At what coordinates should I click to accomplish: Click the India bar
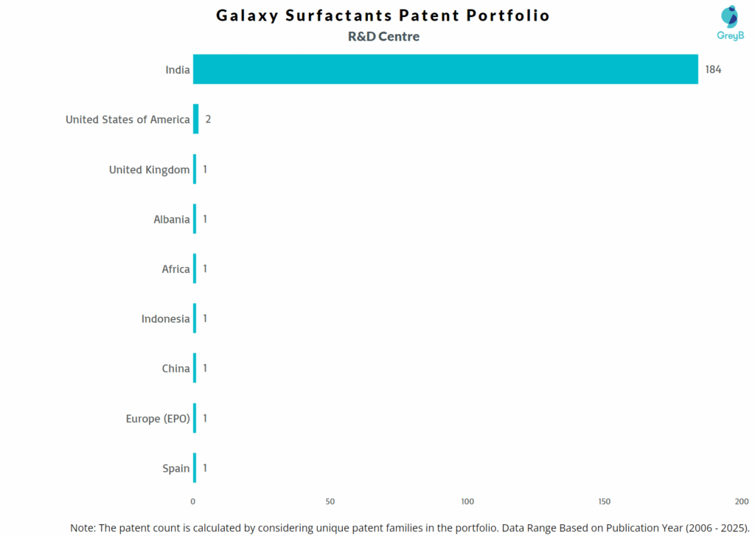[445, 69]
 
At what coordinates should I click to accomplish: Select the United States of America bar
[195, 119]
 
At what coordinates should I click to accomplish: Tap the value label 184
[713, 69]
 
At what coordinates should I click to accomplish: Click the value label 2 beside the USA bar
[208, 119]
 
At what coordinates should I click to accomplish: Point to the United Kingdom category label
[149, 170]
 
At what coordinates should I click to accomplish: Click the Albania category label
[171, 219]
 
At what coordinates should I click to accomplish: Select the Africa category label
[175, 269]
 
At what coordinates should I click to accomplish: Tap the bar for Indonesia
[195, 319]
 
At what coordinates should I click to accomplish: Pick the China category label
[175, 369]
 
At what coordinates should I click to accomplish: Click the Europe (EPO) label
[158, 419]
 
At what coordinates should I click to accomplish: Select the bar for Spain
[195, 468]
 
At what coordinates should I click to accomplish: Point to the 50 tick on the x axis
[330, 501]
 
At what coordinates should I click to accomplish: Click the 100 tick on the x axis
[467, 501]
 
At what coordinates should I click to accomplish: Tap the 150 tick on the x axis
[605, 501]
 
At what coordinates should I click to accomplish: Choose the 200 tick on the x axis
[741, 501]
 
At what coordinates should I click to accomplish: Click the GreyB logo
[730, 23]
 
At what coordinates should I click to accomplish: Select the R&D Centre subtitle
[383, 36]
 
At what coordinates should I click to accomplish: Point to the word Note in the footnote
[83, 528]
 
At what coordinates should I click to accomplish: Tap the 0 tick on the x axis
[193, 501]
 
